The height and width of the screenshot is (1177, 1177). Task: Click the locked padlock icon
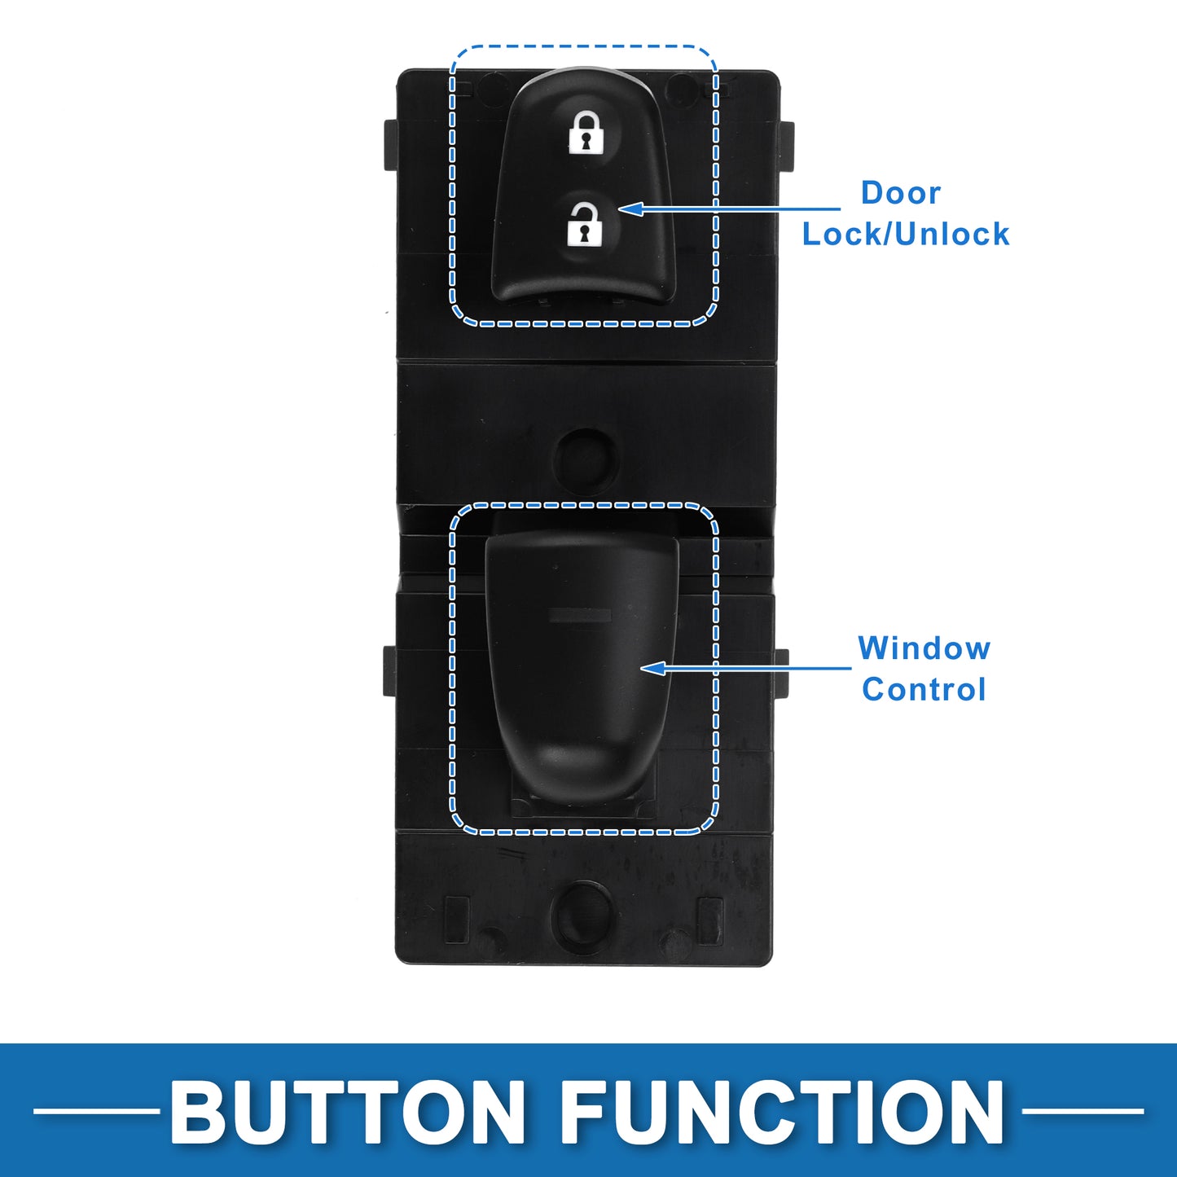(585, 130)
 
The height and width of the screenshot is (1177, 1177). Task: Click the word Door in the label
(900, 193)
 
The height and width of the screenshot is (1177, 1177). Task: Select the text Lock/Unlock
(905, 234)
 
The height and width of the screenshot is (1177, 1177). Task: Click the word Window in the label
(924, 648)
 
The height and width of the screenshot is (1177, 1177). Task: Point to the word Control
(924, 690)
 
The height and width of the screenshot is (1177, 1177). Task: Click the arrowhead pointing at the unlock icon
(631, 209)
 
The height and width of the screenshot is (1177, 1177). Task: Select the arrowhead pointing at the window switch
(653, 668)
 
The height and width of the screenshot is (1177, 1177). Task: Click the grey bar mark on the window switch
(580, 616)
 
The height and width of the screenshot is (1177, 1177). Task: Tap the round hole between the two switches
(585, 460)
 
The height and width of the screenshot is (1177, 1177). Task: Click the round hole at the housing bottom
(582, 916)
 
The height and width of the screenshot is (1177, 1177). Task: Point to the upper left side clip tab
(391, 145)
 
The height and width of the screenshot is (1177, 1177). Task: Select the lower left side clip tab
(389, 671)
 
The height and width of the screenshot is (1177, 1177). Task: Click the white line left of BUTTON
(96, 1111)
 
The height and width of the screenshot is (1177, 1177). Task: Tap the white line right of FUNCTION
(1083, 1111)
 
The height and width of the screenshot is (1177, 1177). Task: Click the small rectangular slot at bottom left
(457, 920)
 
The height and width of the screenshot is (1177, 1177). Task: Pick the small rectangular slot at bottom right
(709, 920)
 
